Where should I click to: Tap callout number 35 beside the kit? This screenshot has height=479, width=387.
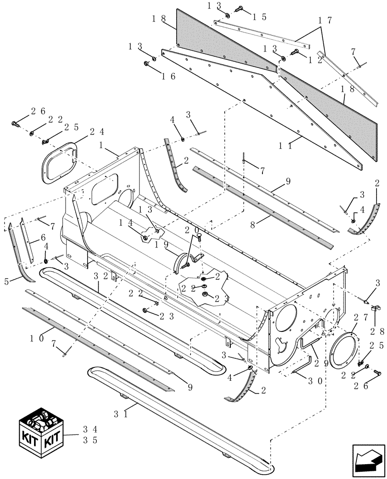[x=90, y=440]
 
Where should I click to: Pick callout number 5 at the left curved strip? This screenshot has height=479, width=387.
[x=7, y=282]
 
